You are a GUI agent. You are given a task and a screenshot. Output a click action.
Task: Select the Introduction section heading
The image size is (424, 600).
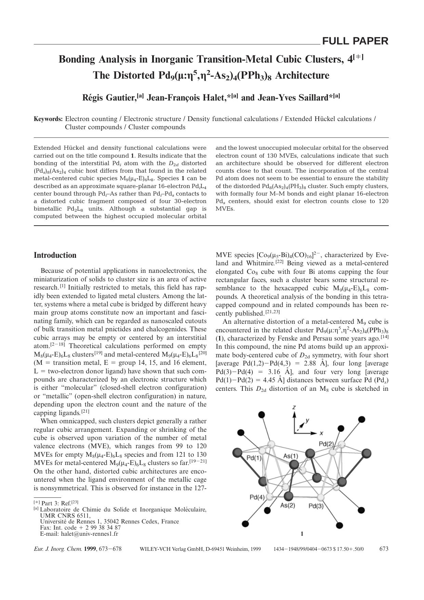click(55, 255)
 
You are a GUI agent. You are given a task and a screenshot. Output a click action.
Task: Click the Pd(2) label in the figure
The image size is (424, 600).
click(326, 443)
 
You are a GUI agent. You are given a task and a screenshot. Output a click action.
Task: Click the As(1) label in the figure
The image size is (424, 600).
click(291, 456)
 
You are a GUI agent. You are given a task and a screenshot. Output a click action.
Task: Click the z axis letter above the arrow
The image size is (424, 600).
click(294, 407)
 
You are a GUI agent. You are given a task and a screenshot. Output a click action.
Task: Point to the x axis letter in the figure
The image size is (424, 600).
click(321, 433)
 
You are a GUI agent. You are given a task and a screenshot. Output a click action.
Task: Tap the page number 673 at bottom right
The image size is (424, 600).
click(384, 549)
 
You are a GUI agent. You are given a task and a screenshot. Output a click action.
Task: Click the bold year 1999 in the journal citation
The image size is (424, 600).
click(90, 549)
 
